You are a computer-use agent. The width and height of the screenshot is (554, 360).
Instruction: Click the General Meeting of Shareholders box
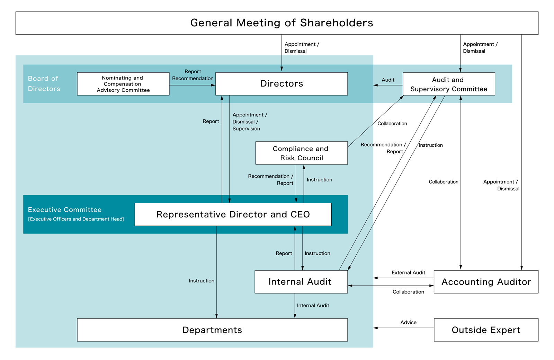click(277, 23)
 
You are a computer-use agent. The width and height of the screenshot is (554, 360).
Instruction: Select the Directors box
click(282, 84)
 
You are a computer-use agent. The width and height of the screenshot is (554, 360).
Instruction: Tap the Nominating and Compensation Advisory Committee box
click(123, 84)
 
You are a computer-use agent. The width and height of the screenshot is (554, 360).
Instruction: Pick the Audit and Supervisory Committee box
click(449, 84)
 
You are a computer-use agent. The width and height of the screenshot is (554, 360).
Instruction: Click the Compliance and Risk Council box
click(301, 153)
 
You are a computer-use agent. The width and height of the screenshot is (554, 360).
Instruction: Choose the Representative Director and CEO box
click(233, 214)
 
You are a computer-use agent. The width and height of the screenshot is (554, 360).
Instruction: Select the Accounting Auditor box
click(486, 282)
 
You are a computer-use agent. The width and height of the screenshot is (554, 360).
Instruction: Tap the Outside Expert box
click(486, 330)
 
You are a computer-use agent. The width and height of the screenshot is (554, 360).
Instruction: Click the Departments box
click(212, 330)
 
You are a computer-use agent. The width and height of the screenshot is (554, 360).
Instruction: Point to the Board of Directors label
click(44, 84)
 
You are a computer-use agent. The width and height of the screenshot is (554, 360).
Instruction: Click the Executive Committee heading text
click(65, 210)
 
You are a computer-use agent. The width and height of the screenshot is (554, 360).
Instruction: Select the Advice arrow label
click(408, 322)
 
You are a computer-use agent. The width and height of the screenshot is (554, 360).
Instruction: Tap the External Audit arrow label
click(408, 273)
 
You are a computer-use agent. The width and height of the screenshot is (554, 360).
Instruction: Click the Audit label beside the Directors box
click(388, 80)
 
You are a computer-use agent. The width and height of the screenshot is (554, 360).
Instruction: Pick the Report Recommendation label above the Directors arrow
click(193, 75)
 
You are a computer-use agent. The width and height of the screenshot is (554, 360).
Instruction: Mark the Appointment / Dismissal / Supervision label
click(249, 121)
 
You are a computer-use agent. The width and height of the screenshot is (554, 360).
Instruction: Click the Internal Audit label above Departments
click(313, 305)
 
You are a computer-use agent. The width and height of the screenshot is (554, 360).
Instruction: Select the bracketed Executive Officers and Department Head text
click(76, 219)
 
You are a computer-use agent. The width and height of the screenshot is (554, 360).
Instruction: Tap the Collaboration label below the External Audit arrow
click(408, 292)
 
